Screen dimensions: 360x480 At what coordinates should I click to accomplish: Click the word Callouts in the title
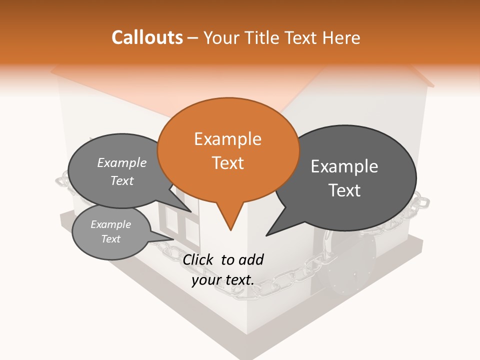147,37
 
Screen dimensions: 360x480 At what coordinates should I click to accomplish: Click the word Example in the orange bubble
227,139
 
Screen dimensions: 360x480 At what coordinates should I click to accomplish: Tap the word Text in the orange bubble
227,163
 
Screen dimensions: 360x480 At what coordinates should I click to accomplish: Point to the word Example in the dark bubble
344,166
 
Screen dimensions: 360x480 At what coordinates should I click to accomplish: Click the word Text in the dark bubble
344,190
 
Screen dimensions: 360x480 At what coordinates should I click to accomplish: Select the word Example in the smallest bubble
110,224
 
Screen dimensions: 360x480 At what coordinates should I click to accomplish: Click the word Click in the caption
199,259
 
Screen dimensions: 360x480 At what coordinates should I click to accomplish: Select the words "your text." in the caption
222,280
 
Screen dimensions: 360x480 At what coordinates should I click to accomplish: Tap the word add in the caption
251,259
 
